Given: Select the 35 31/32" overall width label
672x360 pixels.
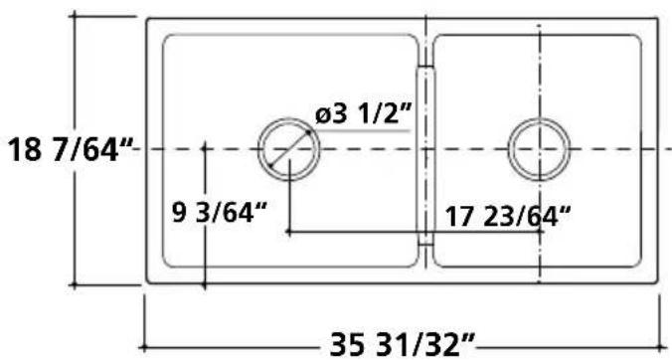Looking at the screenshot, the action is point(403,344).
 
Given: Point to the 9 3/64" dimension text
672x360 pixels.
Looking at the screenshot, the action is point(220,213).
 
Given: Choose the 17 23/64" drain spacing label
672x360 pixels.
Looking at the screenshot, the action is point(508,217).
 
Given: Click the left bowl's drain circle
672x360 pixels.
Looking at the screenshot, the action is point(289,118).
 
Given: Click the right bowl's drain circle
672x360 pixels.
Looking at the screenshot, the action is point(539,118).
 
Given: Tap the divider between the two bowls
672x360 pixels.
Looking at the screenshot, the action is point(425,155).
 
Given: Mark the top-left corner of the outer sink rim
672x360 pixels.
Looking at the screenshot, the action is point(147,19).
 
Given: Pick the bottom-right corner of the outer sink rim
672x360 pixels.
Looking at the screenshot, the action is point(657,282).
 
